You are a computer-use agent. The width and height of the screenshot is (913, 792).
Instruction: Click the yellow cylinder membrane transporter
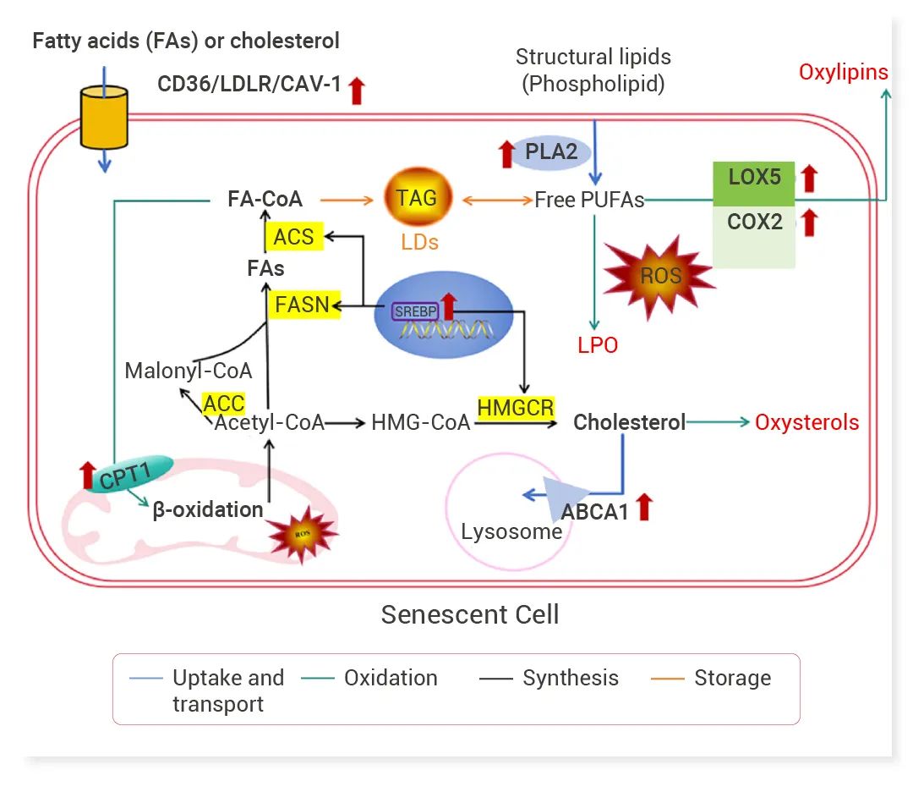(x=103, y=117)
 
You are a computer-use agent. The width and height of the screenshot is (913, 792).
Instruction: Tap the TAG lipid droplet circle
(x=417, y=199)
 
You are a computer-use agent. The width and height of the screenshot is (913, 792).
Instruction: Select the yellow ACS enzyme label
(x=293, y=237)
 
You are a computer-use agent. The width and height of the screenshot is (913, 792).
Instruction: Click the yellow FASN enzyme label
(x=302, y=304)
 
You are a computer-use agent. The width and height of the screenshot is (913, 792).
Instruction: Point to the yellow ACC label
(x=224, y=404)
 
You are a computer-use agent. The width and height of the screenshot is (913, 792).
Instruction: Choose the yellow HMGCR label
(x=516, y=408)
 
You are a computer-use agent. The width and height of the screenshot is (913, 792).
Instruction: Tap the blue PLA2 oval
(x=551, y=152)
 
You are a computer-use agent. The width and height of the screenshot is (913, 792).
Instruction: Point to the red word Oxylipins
(x=843, y=72)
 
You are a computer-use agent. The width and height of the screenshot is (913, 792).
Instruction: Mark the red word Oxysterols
(x=806, y=422)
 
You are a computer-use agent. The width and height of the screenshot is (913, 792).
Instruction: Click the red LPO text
(x=598, y=345)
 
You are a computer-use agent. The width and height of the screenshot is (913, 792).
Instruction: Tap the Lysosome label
(x=511, y=531)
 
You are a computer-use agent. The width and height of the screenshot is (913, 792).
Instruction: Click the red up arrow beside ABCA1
(x=644, y=507)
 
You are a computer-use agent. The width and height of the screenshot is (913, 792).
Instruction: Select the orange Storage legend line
(x=667, y=679)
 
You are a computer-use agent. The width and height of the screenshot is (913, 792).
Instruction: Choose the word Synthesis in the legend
(x=570, y=679)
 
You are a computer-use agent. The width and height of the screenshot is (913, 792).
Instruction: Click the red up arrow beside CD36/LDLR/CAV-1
(x=357, y=90)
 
